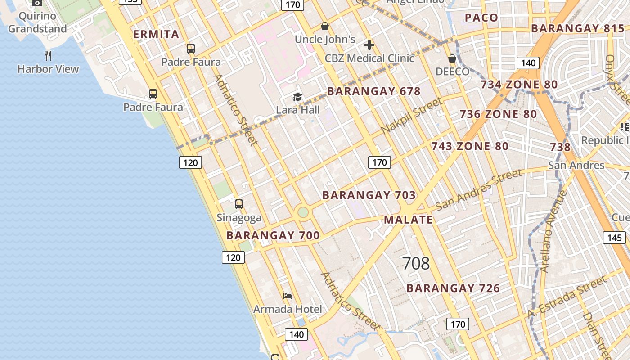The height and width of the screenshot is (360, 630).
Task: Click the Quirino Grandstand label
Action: click(37, 22)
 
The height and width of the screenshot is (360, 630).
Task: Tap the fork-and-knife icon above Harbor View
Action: click(48, 56)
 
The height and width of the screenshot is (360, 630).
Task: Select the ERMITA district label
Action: click(156, 35)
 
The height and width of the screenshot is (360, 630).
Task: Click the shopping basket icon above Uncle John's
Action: click(324, 26)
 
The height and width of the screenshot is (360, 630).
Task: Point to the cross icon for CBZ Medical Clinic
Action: click(369, 45)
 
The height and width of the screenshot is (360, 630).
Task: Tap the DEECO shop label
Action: click(452, 72)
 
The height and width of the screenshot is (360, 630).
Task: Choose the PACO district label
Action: click(481, 18)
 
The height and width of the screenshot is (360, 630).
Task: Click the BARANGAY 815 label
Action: click(578, 29)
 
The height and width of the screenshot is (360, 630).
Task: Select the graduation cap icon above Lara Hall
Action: click(297, 97)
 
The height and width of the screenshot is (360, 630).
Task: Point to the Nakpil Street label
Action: click(412, 116)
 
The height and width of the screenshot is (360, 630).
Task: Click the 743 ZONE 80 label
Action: click(470, 146)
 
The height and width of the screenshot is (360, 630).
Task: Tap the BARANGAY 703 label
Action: click(369, 195)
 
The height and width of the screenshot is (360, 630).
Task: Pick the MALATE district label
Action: click(408, 220)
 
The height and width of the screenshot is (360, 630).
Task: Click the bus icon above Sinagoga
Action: click(239, 204)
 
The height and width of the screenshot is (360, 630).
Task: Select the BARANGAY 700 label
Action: click(273, 235)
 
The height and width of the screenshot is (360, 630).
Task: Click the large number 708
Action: click(416, 263)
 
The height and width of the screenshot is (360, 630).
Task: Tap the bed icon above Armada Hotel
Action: click(288, 296)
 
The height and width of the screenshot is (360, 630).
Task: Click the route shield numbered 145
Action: click(614, 238)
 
